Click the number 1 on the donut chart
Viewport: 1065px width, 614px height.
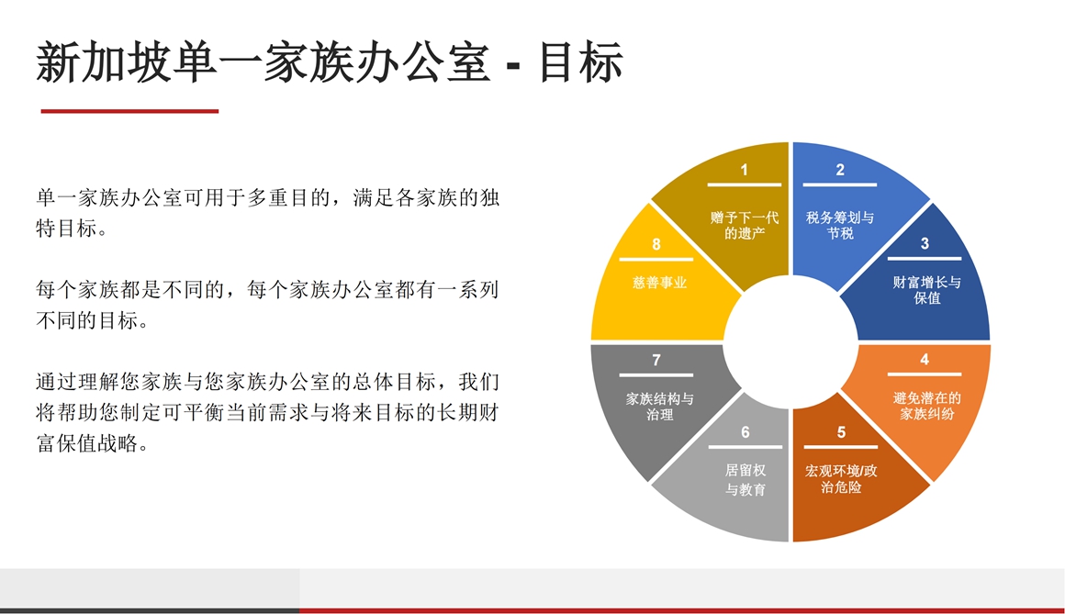click(x=745, y=170)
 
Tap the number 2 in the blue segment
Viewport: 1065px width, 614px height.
click(x=840, y=170)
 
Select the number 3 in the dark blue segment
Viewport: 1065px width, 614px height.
click(x=925, y=243)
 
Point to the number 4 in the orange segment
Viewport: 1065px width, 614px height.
click(x=925, y=359)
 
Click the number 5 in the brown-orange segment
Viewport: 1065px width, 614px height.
click(x=841, y=432)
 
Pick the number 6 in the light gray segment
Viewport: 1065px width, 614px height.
click(x=745, y=432)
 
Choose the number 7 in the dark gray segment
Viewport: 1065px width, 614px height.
click(x=656, y=360)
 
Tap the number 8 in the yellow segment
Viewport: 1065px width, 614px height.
click(x=656, y=244)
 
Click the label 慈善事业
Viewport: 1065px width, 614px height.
click(x=659, y=282)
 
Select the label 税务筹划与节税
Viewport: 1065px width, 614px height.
click(x=840, y=225)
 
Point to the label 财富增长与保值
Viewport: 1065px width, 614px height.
click(x=926, y=290)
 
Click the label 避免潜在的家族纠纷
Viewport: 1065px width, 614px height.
click(x=926, y=406)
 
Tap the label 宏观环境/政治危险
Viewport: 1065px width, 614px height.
click(x=841, y=478)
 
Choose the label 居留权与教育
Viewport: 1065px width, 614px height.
click(x=745, y=479)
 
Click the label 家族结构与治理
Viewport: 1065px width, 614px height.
click(x=659, y=407)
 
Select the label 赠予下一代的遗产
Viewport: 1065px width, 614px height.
click(x=745, y=225)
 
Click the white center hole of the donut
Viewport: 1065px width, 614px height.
click(x=790, y=341)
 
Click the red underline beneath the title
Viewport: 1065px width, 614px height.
click(x=129, y=111)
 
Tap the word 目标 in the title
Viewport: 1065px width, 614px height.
click(x=581, y=62)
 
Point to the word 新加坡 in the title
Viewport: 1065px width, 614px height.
click(x=103, y=62)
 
